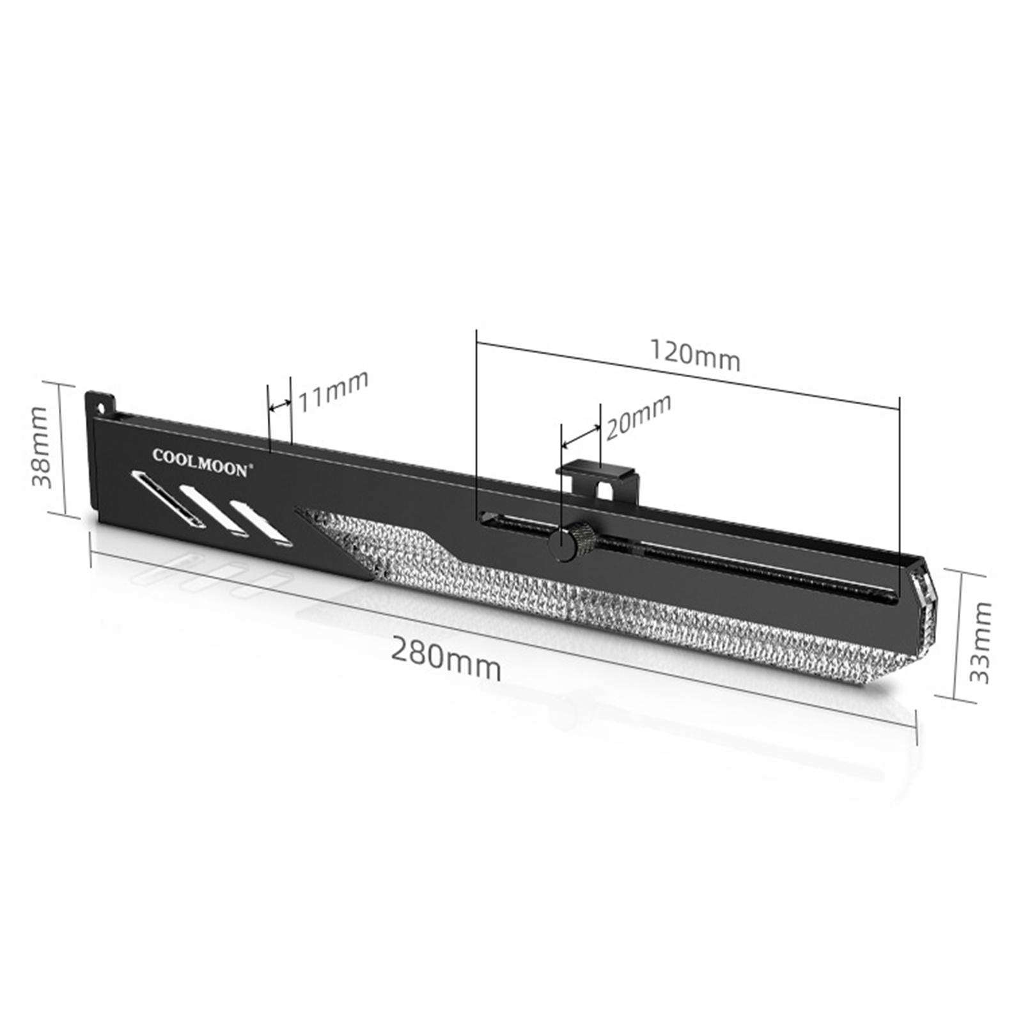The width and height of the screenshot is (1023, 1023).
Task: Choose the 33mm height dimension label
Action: pos(980,642)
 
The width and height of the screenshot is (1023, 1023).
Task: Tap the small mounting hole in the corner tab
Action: pos(100,407)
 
